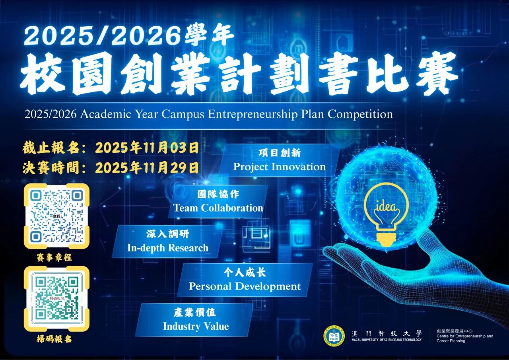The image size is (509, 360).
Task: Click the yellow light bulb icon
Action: click(x=386, y=215)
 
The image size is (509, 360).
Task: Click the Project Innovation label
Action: click(x=279, y=167)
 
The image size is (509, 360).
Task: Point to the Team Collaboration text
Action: click(x=218, y=208)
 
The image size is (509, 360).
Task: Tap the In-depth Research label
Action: click(x=167, y=248)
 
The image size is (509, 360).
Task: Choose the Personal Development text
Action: click(x=245, y=286)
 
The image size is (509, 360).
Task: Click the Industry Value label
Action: click(x=196, y=326)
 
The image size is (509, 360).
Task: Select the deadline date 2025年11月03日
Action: click(x=147, y=148)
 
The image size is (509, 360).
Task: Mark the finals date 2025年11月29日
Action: click(x=147, y=168)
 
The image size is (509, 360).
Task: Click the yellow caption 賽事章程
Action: click(x=54, y=257)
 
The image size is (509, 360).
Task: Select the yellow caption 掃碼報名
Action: click(x=54, y=339)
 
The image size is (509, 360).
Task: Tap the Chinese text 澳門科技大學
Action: click(x=387, y=333)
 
